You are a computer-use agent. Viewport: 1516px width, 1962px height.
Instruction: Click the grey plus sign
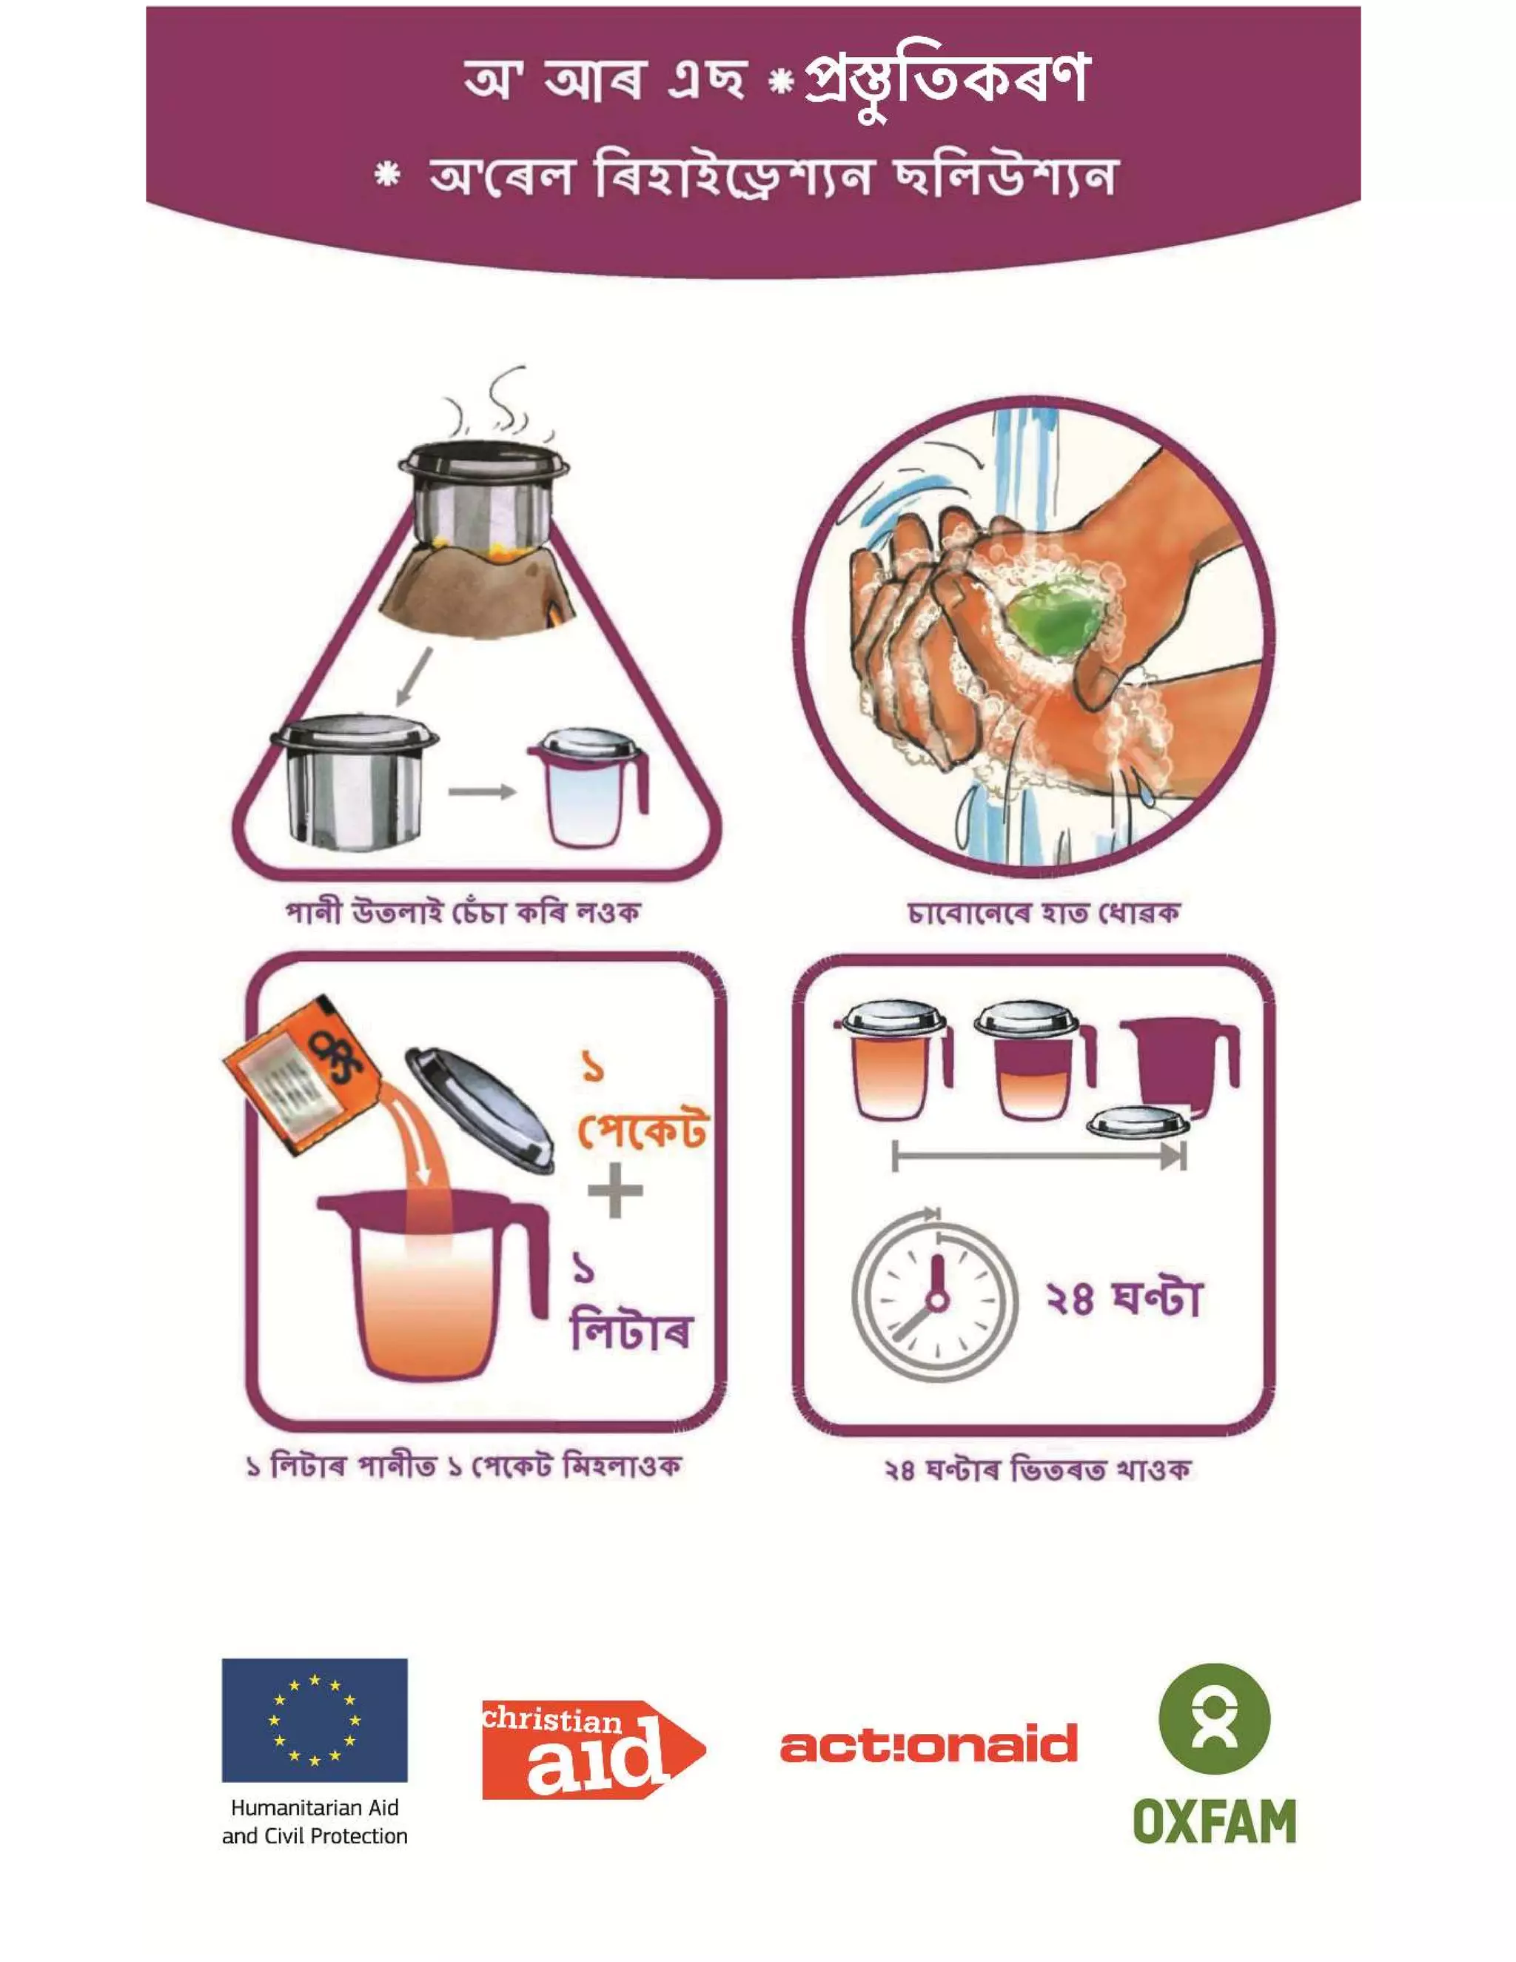point(615,1191)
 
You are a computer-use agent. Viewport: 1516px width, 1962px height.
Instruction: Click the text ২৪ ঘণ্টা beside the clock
point(1124,1298)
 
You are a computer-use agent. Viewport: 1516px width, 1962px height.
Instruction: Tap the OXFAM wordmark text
point(1214,1821)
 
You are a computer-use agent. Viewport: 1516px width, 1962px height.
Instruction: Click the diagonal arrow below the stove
point(413,677)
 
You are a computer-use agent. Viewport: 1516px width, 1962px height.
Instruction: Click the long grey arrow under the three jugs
point(1039,1156)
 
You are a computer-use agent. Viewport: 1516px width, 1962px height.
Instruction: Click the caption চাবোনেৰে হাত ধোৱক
point(1043,914)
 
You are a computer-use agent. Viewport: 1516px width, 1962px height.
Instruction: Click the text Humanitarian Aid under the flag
point(315,1807)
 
